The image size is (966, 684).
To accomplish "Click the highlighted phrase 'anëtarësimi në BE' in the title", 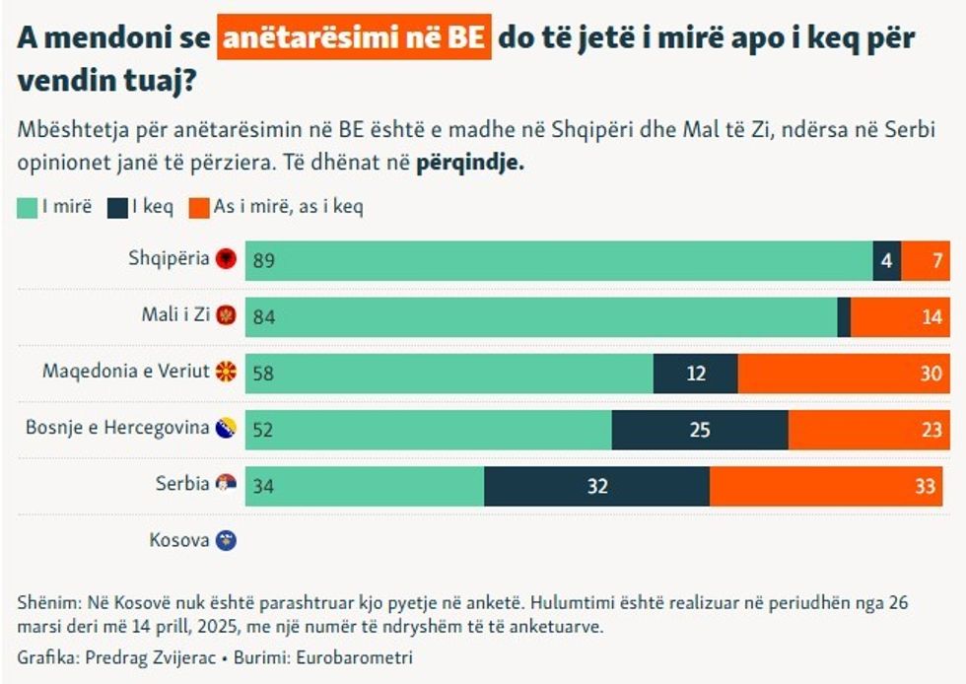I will click(x=355, y=38).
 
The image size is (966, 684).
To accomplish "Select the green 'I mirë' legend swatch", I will click(x=28, y=207).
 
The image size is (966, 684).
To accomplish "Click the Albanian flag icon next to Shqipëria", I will click(x=227, y=260).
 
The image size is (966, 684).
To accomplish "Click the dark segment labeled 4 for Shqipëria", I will click(x=887, y=261).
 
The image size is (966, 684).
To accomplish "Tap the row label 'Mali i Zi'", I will click(x=175, y=316).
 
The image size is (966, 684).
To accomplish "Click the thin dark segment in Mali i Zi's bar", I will click(x=844, y=317).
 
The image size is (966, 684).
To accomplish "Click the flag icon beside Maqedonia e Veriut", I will click(x=227, y=373).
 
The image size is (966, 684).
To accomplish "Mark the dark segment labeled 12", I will click(x=696, y=374).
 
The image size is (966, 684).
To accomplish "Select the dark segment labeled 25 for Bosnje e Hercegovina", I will click(x=700, y=430).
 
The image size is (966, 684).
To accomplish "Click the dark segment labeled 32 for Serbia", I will click(x=596, y=486).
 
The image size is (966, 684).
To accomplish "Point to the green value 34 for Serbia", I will click(x=262, y=486).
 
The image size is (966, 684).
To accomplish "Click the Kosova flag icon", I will click(x=227, y=541).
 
